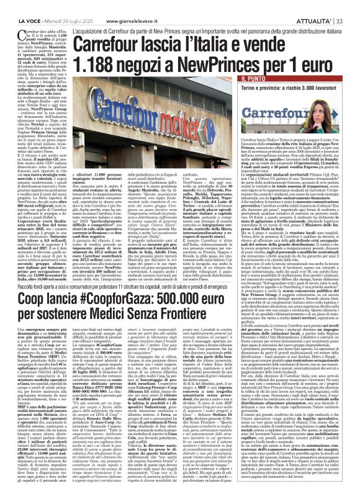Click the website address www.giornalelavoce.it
134,5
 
